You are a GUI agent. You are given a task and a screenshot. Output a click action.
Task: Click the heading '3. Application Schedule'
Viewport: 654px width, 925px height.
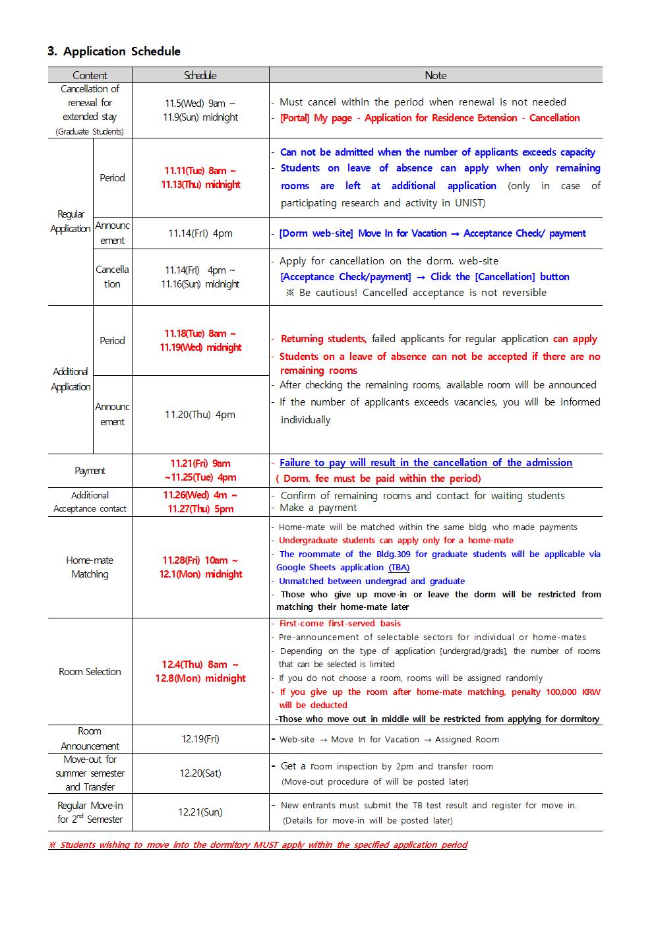(x=113, y=51)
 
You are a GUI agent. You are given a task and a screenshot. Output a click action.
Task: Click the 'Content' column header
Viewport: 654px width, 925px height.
(x=90, y=75)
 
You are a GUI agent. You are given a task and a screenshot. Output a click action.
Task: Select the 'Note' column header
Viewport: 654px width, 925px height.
(x=435, y=75)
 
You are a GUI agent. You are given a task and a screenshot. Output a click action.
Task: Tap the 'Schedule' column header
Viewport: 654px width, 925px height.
(x=200, y=75)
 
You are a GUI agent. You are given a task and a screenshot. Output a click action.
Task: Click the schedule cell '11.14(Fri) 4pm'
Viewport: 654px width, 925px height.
(x=200, y=233)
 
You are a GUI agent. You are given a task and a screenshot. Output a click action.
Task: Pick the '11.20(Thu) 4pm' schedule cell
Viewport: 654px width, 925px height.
(x=200, y=415)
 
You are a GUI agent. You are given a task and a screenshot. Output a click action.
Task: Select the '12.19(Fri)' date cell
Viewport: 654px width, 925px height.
(x=200, y=739)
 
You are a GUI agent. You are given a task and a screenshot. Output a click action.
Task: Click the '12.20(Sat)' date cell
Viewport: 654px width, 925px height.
(x=200, y=773)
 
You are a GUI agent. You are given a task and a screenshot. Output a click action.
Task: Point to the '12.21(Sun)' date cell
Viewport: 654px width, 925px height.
(x=200, y=812)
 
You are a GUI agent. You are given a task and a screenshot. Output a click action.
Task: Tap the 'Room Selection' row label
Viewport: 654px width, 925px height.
(x=90, y=672)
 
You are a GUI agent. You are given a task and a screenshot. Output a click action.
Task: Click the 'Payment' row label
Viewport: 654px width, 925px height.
(x=90, y=471)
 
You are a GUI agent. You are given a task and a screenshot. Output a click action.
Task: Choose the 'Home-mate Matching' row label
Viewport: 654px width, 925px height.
(x=90, y=567)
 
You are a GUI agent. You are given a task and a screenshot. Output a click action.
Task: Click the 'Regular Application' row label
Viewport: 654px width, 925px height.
(x=70, y=222)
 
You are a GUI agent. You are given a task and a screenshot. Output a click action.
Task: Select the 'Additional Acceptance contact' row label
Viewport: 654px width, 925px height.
(x=90, y=502)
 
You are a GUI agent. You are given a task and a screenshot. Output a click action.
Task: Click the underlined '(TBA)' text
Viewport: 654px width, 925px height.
(x=399, y=568)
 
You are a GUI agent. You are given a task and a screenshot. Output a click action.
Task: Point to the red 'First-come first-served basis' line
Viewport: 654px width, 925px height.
(x=340, y=624)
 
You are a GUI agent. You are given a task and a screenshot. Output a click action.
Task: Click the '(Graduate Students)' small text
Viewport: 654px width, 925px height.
(x=90, y=132)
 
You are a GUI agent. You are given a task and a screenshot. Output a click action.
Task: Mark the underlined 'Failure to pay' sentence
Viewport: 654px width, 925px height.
(x=426, y=463)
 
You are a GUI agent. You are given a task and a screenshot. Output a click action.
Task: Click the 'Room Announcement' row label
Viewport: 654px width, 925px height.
(x=90, y=739)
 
